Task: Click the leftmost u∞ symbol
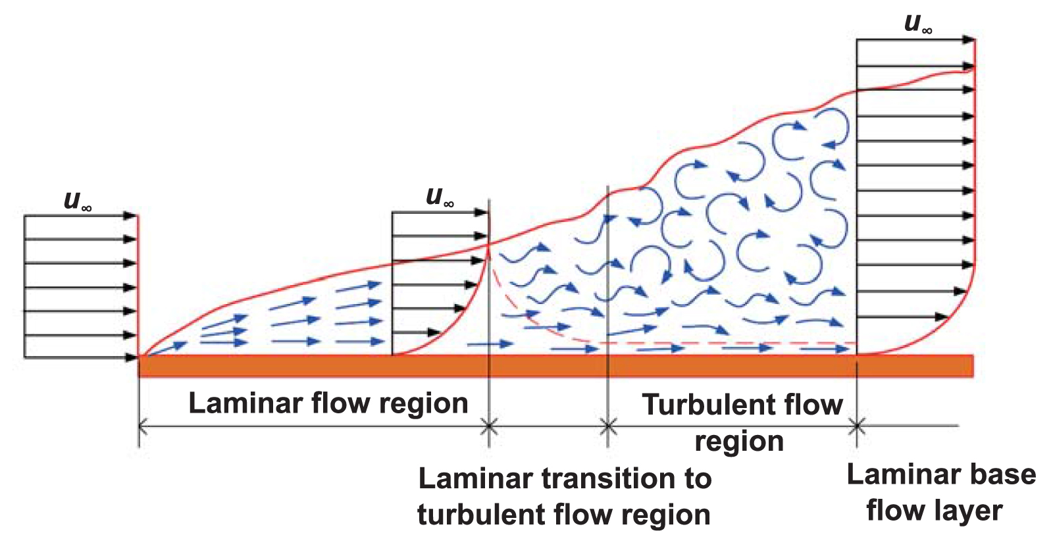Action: point(77,201)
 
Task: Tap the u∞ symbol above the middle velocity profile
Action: point(440,196)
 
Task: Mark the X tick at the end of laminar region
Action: point(488,426)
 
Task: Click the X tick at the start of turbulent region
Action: point(608,426)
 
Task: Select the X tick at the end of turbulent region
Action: point(856,426)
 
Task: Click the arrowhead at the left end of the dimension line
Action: point(143,426)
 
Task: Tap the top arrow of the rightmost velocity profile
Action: point(915,40)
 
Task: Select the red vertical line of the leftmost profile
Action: point(138,286)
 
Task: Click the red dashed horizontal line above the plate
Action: point(724,343)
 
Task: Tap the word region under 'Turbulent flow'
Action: point(739,442)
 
